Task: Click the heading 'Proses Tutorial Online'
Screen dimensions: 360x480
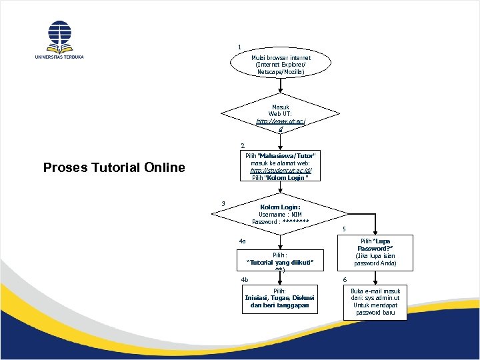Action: coord(114,167)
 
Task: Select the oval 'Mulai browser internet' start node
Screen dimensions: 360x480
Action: coord(281,65)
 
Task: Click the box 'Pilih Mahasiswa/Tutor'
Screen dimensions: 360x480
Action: coord(280,167)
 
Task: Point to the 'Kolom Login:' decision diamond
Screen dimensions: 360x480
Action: coord(280,214)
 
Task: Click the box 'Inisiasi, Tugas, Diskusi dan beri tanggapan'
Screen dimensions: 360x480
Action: coord(280,298)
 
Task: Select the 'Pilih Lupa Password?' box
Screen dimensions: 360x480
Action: coord(375,252)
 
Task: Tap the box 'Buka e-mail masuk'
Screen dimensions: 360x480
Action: coord(375,302)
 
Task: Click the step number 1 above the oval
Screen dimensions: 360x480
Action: coord(239,47)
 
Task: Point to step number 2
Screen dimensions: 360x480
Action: coord(243,145)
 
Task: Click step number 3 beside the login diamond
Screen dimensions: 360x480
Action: coord(224,203)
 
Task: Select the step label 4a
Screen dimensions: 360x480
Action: coord(243,241)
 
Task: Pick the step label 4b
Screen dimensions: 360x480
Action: coord(245,279)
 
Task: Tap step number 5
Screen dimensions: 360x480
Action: coord(344,230)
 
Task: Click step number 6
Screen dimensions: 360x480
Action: coord(345,279)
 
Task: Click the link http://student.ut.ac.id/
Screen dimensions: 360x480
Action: coord(280,171)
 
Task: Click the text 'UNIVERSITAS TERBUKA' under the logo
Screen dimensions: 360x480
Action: coord(59,57)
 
